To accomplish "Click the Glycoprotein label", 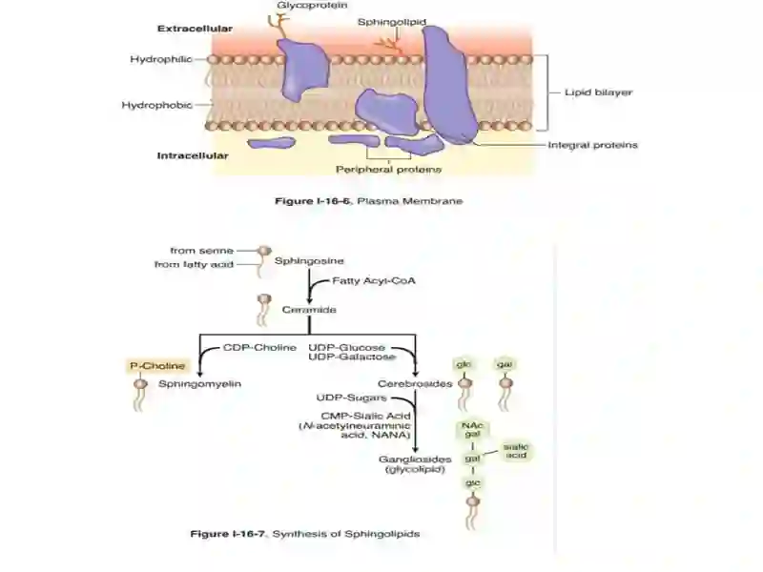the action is (x=312, y=6).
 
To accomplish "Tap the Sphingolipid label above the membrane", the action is (x=392, y=22).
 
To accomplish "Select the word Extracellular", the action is (x=195, y=29).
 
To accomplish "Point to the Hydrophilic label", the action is (x=161, y=59).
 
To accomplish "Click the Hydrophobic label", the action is (x=156, y=105).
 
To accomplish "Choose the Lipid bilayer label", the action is (x=598, y=92).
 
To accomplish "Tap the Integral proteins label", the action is (x=592, y=145).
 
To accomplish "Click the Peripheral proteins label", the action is (x=388, y=170).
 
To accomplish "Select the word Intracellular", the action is (x=193, y=155).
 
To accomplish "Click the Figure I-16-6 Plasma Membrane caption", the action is (x=369, y=201).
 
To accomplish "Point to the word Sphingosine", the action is (x=309, y=260).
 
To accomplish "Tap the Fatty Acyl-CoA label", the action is (x=373, y=280).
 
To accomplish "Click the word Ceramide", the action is (x=309, y=309).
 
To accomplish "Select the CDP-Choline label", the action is (x=259, y=348).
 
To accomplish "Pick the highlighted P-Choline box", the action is (x=157, y=366).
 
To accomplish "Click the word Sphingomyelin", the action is (x=199, y=384).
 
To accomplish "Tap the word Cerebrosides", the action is (x=415, y=384).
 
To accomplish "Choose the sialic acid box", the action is (x=516, y=451).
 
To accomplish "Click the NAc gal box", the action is (x=472, y=430).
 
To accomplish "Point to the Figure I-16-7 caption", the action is (x=305, y=534).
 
